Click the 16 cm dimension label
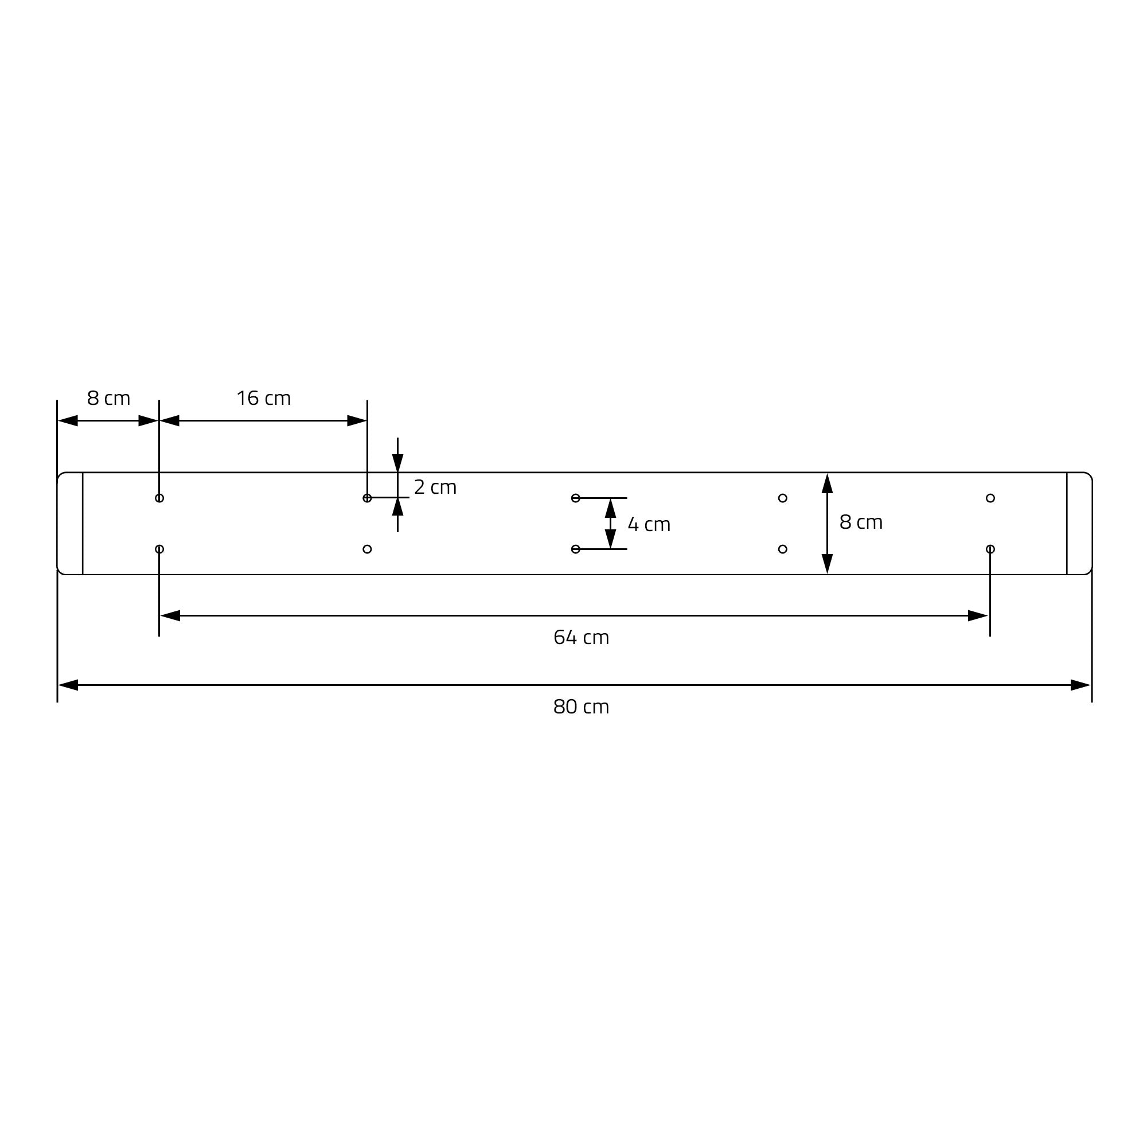[264, 399]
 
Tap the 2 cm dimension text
[435, 487]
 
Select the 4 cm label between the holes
[649, 525]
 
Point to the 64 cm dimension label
[581, 638]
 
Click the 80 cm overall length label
[581, 707]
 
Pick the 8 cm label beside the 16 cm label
[108, 399]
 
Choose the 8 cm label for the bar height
[861, 522]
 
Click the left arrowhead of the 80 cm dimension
[68, 685]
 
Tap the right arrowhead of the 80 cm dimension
[1080, 685]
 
